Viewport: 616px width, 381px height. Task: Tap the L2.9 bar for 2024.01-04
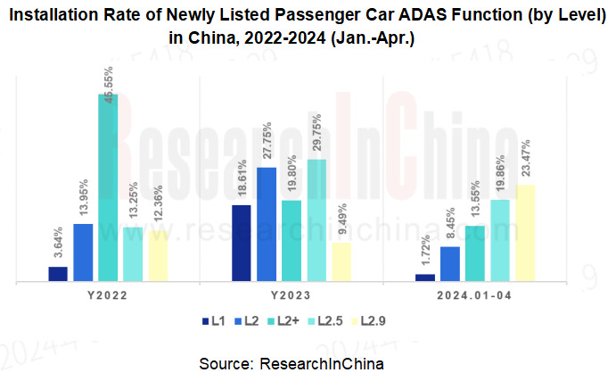click(525, 234)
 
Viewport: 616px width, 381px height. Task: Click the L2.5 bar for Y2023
click(316, 220)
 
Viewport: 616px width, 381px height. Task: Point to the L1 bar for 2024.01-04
click(425, 277)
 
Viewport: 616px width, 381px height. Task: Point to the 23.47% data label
click(525, 158)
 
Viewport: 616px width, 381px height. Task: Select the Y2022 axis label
click(108, 295)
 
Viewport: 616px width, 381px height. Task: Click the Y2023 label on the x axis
click(291, 295)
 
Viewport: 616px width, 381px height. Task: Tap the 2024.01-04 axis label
click(475, 295)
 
